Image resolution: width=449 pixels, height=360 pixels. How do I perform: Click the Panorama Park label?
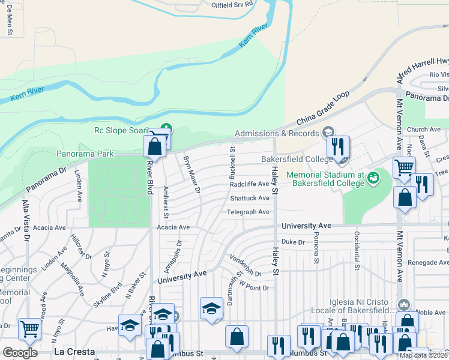click(85, 154)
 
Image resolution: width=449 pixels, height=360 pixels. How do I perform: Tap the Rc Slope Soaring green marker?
click(167, 128)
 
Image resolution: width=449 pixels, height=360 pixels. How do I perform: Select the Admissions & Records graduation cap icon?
click(328, 132)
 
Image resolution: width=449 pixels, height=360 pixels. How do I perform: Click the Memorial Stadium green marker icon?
click(373, 178)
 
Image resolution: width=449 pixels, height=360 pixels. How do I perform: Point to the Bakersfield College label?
click(297, 159)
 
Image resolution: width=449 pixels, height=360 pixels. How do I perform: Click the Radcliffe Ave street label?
click(249, 184)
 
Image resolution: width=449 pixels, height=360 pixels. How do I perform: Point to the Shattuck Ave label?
click(250, 198)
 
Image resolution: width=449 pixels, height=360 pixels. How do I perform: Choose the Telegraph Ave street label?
click(248, 212)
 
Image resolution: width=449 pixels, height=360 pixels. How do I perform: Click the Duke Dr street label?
click(294, 242)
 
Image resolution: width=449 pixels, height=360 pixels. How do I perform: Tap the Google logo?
click(20, 353)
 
